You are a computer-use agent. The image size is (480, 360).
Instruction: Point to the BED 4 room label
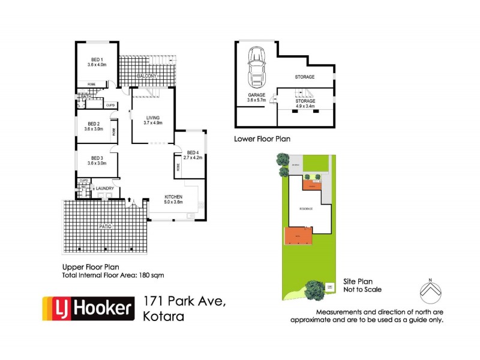(193, 152)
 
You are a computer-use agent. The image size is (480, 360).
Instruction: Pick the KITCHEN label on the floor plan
(173, 197)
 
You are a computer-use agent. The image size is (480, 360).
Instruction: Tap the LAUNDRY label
(103, 188)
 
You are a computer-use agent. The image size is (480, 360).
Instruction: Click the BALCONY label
(147, 76)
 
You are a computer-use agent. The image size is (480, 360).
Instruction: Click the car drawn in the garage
(256, 67)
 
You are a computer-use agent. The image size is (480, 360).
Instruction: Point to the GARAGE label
(257, 95)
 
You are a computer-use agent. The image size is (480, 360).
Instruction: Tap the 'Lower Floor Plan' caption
(262, 139)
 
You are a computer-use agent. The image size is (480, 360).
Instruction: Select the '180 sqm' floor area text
(151, 275)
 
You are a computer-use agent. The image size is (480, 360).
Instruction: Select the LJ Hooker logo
(87, 308)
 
